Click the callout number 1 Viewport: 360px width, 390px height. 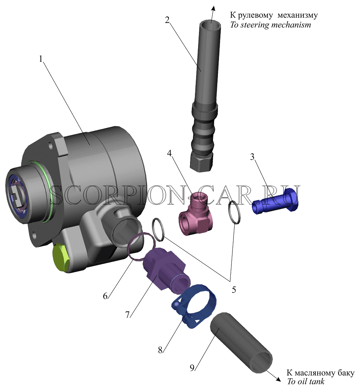coord(41,59)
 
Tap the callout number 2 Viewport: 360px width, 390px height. coord(167,20)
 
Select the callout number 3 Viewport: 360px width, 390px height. coord(252,157)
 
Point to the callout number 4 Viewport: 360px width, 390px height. coord(170,153)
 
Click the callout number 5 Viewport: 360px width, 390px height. coord(234,290)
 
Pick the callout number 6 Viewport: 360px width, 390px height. coord(105,296)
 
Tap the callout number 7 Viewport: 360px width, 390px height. coord(128,315)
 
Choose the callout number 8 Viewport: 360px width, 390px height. coord(160,350)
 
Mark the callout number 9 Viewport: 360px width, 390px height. coord(192,368)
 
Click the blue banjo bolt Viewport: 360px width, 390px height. coord(275,201)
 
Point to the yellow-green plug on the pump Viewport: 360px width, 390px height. coord(61,258)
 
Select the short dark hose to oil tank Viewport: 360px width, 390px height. coord(241,343)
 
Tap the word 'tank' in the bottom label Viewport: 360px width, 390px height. coord(317,381)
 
